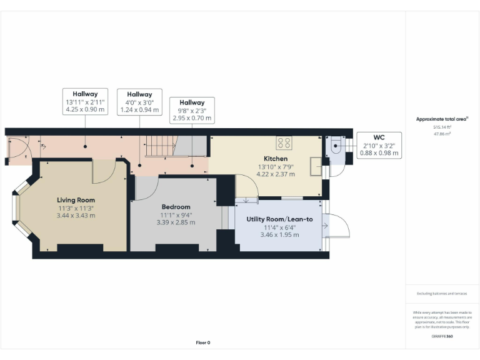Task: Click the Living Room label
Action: coord(76,200)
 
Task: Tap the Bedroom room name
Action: coord(176,207)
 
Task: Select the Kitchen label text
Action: coord(276,159)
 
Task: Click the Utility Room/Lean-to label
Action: coord(279,219)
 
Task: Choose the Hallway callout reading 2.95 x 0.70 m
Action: coord(192,110)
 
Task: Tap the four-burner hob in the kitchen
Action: coord(284,142)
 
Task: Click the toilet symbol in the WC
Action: coord(336,147)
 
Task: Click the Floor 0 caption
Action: coord(203,342)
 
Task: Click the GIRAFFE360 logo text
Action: coord(442,336)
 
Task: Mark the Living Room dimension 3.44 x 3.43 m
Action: coord(76,215)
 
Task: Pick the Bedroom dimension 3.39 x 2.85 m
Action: coord(176,222)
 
